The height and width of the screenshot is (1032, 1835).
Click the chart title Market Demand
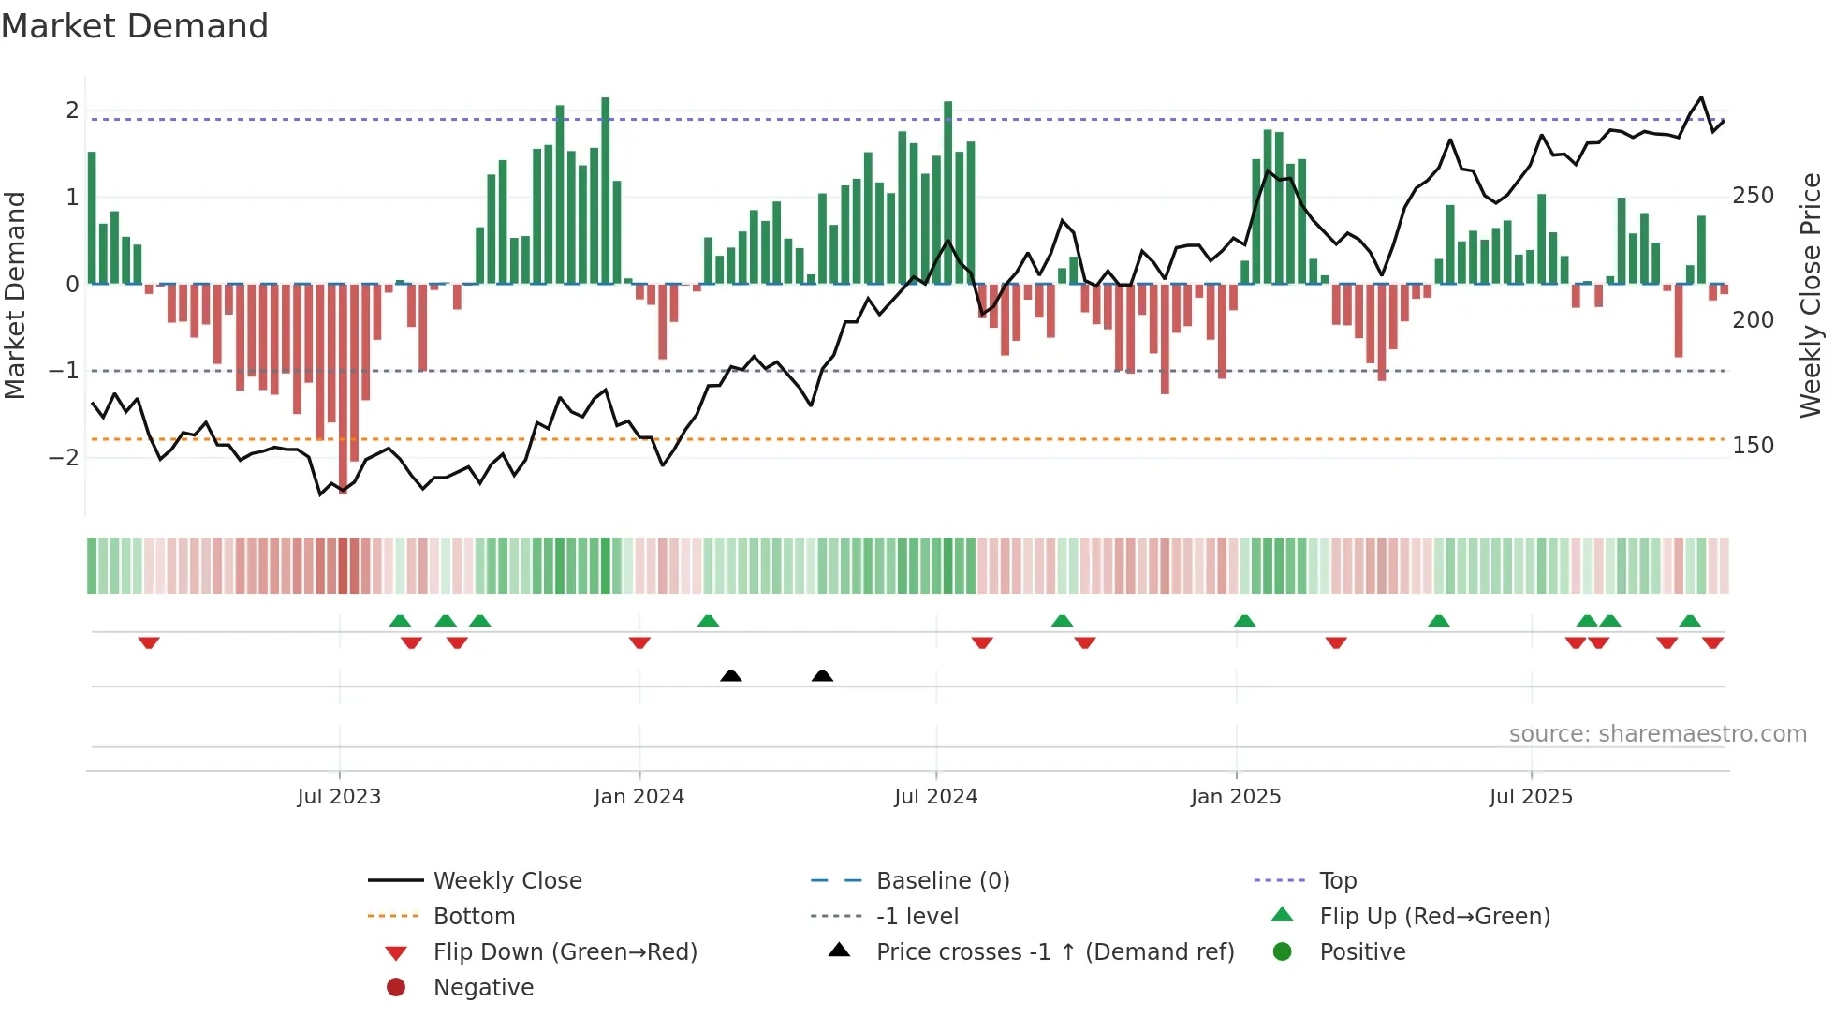(135, 25)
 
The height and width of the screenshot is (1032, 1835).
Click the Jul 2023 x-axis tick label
(339, 797)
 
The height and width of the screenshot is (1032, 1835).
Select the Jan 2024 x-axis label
(639, 797)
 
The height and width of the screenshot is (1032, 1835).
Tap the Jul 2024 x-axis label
(935, 797)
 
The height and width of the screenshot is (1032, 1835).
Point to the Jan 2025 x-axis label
(1235, 797)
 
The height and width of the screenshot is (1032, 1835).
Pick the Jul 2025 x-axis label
(1531, 797)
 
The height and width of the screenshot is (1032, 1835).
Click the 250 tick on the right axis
(1753, 196)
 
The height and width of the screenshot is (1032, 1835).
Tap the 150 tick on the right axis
(1753, 446)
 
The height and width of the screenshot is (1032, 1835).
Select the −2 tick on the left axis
(64, 457)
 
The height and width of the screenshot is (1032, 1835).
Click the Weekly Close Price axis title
(1811, 295)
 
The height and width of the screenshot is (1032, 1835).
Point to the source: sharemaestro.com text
(1657, 734)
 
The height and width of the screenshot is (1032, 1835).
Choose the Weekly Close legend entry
(506, 881)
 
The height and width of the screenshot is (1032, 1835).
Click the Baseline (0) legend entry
(942, 881)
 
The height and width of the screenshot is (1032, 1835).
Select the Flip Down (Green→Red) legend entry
(565, 952)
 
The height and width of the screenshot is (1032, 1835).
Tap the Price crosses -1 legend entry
(1054, 952)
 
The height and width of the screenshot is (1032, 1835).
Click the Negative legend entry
(483, 988)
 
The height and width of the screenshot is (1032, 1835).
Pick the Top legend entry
(1337, 881)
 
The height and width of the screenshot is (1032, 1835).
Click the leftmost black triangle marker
(731, 675)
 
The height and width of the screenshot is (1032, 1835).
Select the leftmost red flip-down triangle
(149, 642)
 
